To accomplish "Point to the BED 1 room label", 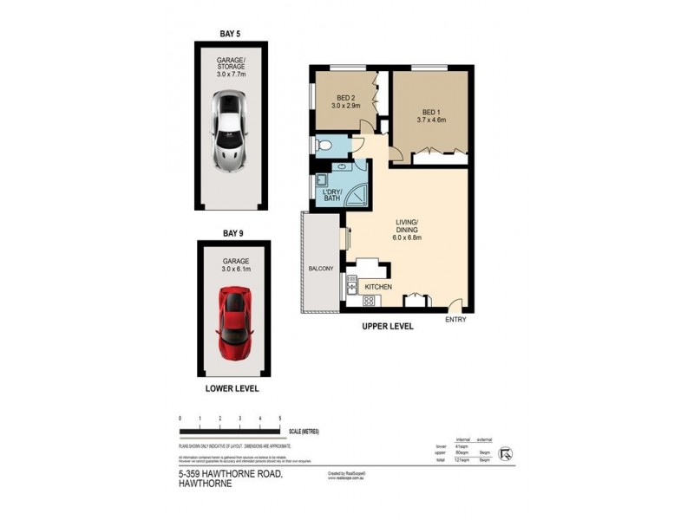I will tap(430, 112).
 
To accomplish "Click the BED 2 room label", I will tap(344, 97).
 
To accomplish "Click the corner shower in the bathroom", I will tap(357, 197).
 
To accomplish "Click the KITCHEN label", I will tap(379, 287).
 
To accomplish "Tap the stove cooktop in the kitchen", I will tap(368, 302).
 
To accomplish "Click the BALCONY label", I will tap(320, 269).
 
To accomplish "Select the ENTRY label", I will tap(455, 320).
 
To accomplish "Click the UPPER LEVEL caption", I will tap(388, 327).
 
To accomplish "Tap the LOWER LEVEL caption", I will tap(232, 388).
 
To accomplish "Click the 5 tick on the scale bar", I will tap(279, 419).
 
